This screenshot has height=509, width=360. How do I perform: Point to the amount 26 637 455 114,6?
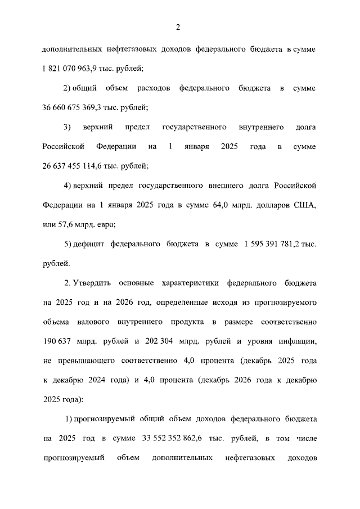74,165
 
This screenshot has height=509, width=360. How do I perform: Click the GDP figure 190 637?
60,341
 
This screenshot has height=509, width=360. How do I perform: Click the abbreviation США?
304,205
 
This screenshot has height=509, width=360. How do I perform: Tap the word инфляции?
298,341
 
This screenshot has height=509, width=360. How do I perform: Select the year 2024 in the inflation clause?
98,380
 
